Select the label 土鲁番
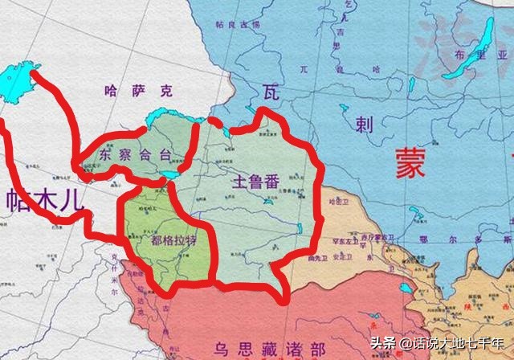255,182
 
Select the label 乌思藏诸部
269,348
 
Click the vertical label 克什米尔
115,273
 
